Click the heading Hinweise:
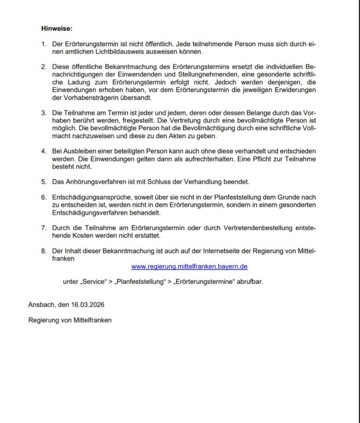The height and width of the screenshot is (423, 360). (x=57, y=29)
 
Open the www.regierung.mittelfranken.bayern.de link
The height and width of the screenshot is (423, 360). (x=189, y=266)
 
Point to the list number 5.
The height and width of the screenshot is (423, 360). (x=43, y=181)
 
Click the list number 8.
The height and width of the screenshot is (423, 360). (x=43, y=251)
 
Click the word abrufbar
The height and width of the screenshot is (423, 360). (x=249, y=282)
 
